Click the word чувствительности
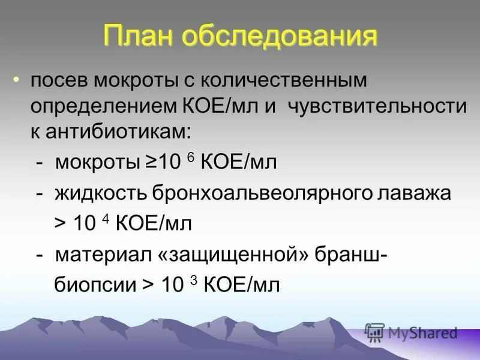click(377, 107)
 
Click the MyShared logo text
click(422, 333)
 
